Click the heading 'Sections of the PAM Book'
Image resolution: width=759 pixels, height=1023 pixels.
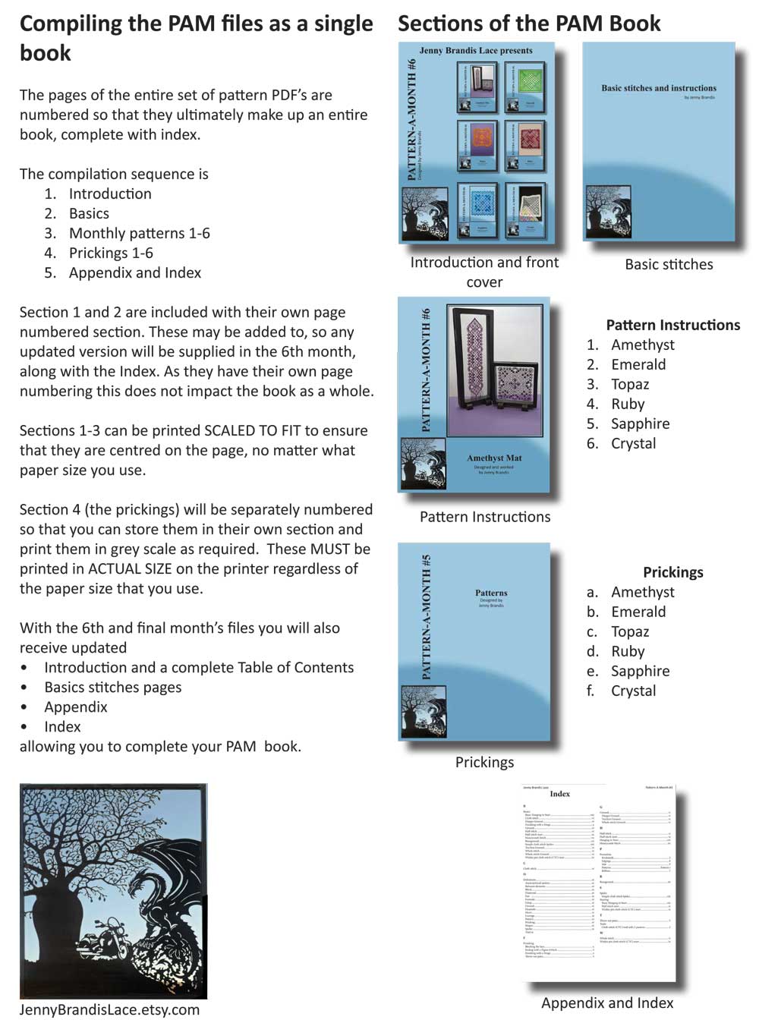click(529, 24)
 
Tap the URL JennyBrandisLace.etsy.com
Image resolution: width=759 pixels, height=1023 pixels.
click(109, 1009)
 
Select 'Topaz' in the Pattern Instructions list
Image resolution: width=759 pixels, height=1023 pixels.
click(630, 384)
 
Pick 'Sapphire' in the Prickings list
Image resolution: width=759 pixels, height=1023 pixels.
click(640, 671)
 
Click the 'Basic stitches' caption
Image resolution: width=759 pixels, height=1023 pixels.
click(669, 264)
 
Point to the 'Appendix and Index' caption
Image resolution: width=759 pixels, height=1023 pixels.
click(607, 1003)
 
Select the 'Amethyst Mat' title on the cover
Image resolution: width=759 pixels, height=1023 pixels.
click(494, 458)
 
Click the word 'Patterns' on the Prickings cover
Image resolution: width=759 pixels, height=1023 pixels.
click(491, 593)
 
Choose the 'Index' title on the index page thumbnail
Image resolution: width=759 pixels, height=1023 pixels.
click(560, 794)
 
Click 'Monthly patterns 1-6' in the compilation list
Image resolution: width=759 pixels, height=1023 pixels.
click(139, 233)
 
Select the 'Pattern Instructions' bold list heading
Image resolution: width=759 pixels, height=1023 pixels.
click(672, 325)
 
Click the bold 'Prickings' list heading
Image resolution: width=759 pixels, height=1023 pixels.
click(672, 572)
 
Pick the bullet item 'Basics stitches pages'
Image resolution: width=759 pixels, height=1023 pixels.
click(112, 687)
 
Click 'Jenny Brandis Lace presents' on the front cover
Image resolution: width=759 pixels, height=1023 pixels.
click(476, 51)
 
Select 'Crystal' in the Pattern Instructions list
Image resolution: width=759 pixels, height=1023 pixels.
click(633, 443)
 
